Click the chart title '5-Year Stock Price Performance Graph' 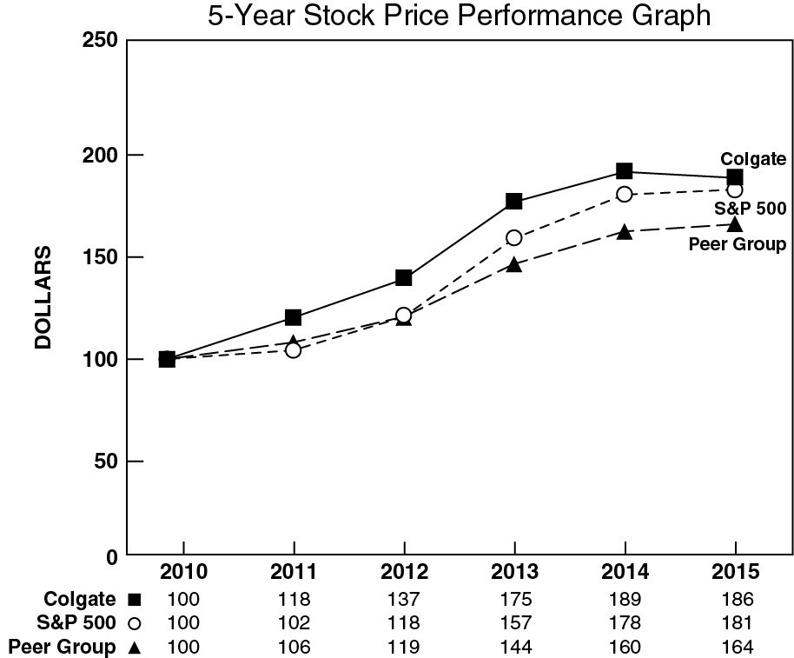coord(459,16)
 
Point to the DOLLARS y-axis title coord(44,297)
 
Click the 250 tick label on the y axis coord(99,41)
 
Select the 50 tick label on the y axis coord(106,461)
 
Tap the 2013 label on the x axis coord(514,573)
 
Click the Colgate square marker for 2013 coord(513,202)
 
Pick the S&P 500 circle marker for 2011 coord(294,350)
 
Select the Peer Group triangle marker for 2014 coord(625,232)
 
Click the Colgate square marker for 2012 coord(404,278)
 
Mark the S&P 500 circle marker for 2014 coord(625,194)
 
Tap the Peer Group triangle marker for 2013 coord(513,264)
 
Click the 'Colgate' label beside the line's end coord(753,158)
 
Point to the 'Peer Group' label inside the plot coord(737,244)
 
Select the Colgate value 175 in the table coord(514,599)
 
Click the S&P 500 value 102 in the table coord(294,623)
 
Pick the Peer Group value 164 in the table coord(736,648)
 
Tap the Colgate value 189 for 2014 coord(625,599)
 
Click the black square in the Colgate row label coord(134,599)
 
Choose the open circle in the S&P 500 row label coord(134,623)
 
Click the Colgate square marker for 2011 coord(294,317)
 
